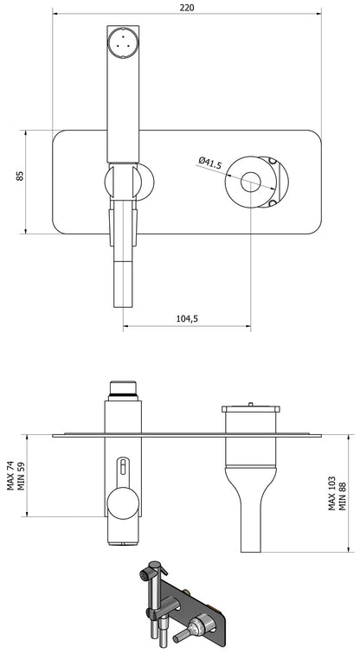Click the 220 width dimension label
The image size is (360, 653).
click(x=187, y=8)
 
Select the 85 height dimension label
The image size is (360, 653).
click(x=20, y=176)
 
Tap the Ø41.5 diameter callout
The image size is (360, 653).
click(x=210, y=162)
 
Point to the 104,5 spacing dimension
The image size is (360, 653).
click(x=187, y=318)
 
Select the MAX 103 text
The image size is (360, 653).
click(x=332, y=493)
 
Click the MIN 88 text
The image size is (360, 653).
click(x=342, y=496)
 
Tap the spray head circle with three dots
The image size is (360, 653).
click(x=123, y=42)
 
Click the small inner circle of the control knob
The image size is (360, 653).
click(x=251, y=182)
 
